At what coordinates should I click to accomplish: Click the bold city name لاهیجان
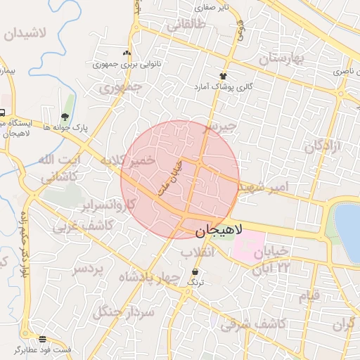tap(218, 230)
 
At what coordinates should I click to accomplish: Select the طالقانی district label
tap(186, 26)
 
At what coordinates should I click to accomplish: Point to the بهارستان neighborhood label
tap(289, 58)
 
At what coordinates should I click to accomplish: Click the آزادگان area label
tap(322, 146)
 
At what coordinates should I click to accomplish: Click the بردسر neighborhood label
tap(88, 269)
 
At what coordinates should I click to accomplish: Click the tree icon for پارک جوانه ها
tap(65, 117)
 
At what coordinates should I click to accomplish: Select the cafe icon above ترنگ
tap(195, 271)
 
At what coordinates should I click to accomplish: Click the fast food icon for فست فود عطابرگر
tap(42, 339)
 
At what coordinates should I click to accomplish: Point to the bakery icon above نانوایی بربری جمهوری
tap(127, 53)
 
